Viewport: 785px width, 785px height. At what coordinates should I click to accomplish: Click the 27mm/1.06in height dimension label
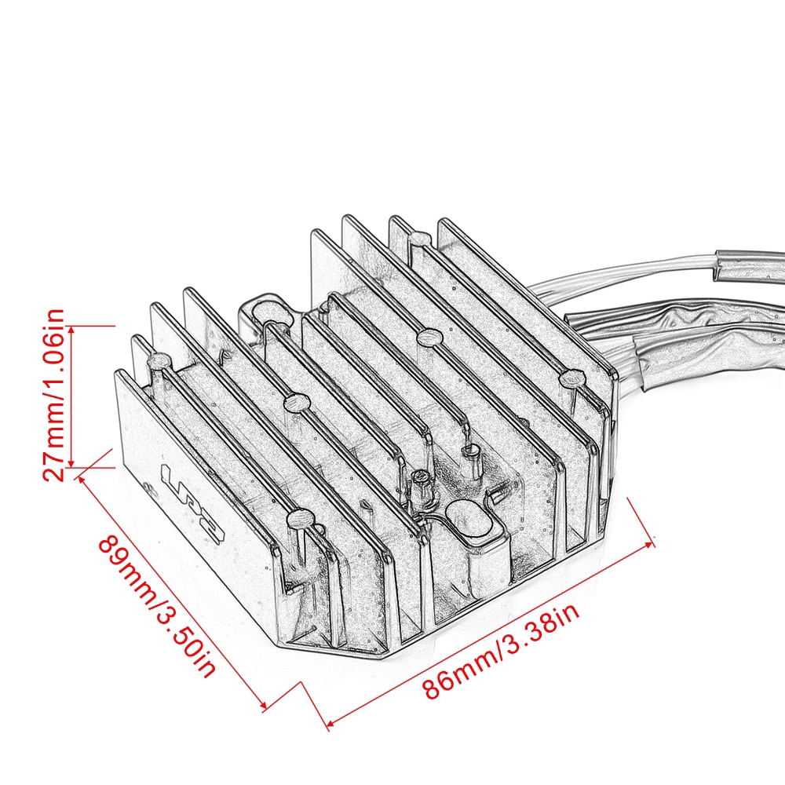[x=53, y=396]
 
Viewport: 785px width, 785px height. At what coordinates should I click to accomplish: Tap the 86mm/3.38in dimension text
[x=502, y=652]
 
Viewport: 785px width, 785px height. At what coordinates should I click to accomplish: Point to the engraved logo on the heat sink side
[x=193, y=502]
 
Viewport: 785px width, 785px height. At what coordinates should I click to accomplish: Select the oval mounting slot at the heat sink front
[x=469, y=524]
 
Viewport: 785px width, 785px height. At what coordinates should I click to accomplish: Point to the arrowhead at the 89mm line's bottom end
[x=262, y=705]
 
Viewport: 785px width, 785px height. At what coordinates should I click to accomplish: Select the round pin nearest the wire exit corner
[x=570, y=379]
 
